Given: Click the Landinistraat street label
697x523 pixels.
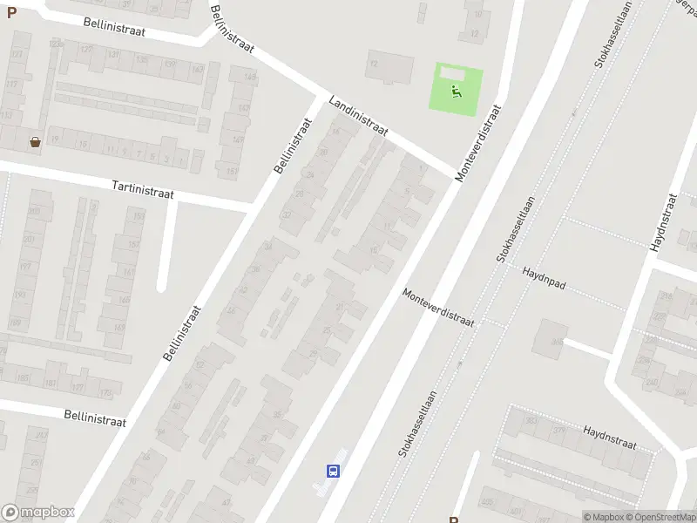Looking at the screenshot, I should (x=358, y=117).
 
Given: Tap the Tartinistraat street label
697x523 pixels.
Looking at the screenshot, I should (x=143, y=188).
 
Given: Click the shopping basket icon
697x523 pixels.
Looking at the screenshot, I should (x=35, y=141).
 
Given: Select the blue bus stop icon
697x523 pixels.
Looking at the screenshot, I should (x=332, y=471).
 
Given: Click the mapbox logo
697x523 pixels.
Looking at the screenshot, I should (x=37, y=513).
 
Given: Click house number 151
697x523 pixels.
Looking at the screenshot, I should (x=232, y=171).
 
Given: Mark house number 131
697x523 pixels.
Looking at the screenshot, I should (x=112, y=54).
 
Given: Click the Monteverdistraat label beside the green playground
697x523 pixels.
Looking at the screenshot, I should (x=478, y=144).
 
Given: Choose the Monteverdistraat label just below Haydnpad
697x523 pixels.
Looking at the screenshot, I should (x=438, y=309).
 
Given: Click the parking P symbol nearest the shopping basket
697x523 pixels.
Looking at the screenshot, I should (x=11, y=13).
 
